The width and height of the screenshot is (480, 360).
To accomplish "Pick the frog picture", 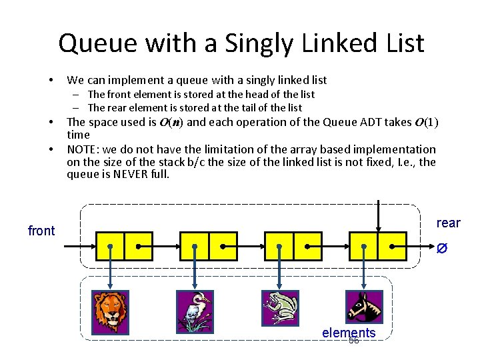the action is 280,307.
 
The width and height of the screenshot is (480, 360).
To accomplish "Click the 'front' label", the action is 41,231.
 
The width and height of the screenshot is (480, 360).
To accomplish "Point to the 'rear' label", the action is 448,223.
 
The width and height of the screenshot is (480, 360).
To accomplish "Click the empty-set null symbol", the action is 441,248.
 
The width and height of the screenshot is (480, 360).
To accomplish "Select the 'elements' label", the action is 349,333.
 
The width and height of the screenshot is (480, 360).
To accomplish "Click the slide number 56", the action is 353,341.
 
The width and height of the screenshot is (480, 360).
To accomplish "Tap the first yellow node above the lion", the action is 124,245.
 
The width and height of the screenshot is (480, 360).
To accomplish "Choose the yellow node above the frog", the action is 293,245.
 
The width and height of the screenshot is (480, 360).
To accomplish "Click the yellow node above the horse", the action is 378,245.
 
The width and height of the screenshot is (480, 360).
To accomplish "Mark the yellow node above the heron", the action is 209,245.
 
